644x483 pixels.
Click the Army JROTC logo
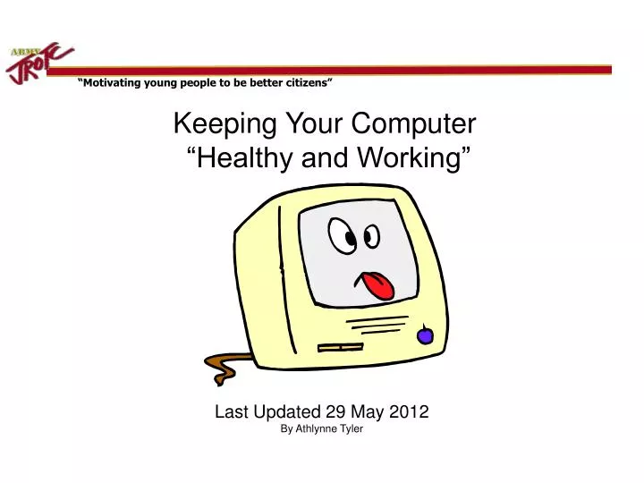[41, 62]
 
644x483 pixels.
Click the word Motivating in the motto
[113, 83]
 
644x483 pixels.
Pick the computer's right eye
[369, 235]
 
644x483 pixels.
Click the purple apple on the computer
[426, 335]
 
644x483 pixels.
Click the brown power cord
[221, 362]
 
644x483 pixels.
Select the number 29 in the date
[335, 412]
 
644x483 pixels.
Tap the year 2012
[410, 412]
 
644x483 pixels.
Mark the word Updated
[284, 412]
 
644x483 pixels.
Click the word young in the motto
[165, 83]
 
